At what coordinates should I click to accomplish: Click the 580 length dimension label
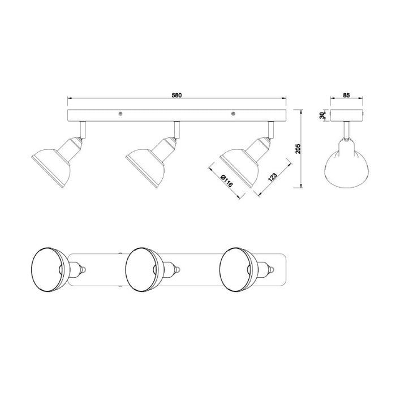tap(177, 95)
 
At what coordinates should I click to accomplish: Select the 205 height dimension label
tap(298, 149)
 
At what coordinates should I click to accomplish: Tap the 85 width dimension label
tap(346, 95)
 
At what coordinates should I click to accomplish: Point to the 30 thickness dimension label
tap(322, 115)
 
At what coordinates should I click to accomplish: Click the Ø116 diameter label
tap(226, 180)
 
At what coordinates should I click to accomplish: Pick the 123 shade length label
tap(273, 177)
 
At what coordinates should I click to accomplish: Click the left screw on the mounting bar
tap(120, 114)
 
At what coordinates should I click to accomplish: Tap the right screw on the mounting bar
tap(233, 114)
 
